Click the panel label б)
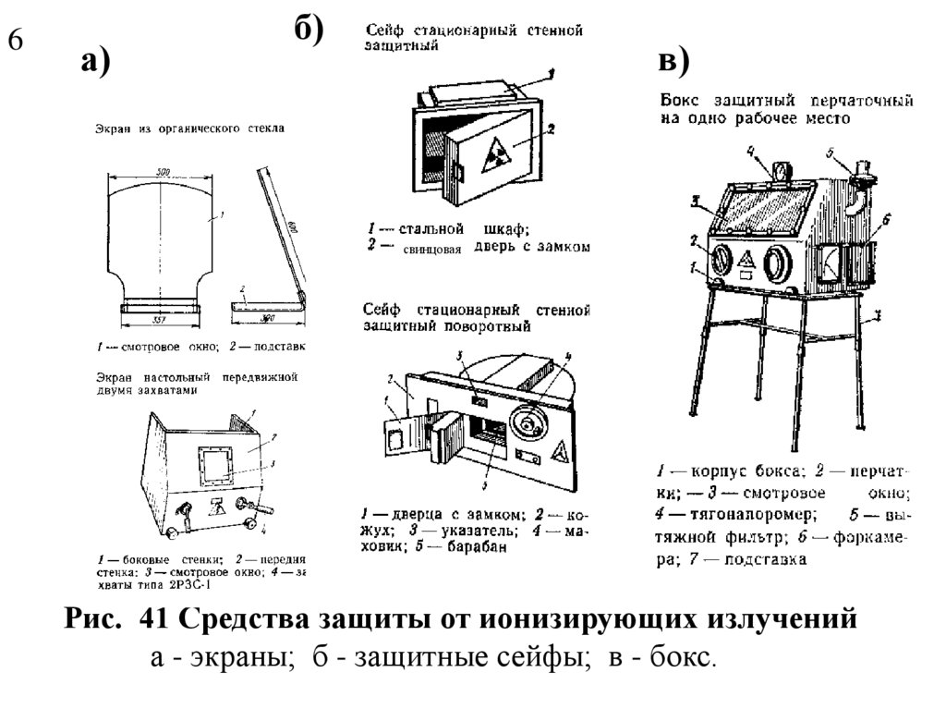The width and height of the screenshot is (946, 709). coord(309,30)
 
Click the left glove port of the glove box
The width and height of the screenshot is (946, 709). coord(722,260)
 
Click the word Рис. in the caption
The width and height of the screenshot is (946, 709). coord(93,618)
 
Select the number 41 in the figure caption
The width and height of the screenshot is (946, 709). coord(154,618)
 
